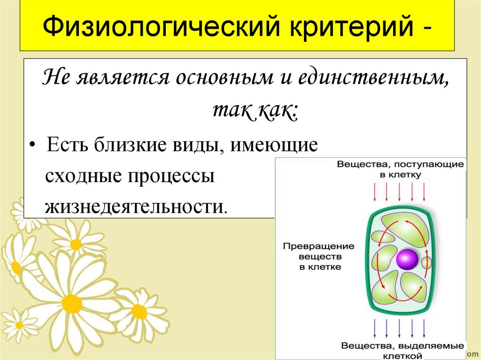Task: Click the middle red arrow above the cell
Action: [x=400, y=191]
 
